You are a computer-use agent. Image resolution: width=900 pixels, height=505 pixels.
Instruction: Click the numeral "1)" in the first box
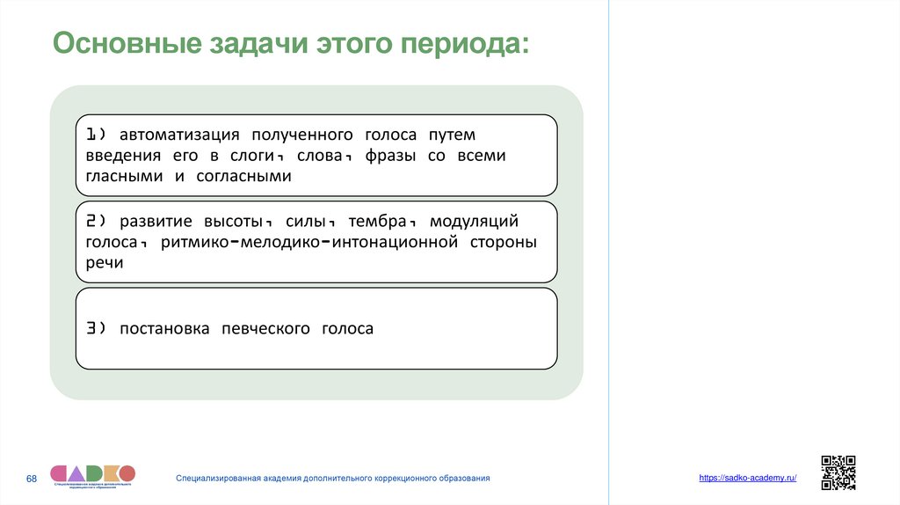click(x=96, y=135)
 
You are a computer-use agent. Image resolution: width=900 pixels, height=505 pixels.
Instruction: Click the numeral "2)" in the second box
click(x=96, y=222)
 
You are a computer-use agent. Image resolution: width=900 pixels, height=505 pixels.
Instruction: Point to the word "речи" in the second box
click(x=105, y=262)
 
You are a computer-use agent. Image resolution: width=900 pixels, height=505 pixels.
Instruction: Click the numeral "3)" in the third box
click(x=96, y=329)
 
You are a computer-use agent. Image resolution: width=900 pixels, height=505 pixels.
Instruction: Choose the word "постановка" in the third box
click(x=164, y=329)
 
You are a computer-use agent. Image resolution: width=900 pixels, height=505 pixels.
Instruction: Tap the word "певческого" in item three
click(x=266, y=329)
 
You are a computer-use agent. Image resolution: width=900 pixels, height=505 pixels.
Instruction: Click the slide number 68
click(x=32, y=478)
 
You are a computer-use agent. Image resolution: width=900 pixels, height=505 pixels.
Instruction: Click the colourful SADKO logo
click(x=92, y=475)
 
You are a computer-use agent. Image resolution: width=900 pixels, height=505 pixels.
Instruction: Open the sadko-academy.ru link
click(x=748, y=477)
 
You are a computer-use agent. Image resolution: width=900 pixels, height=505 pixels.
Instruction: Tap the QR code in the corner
click(x=838, y=472)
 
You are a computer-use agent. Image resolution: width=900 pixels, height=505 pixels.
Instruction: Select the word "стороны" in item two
click(x=505, y=242)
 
